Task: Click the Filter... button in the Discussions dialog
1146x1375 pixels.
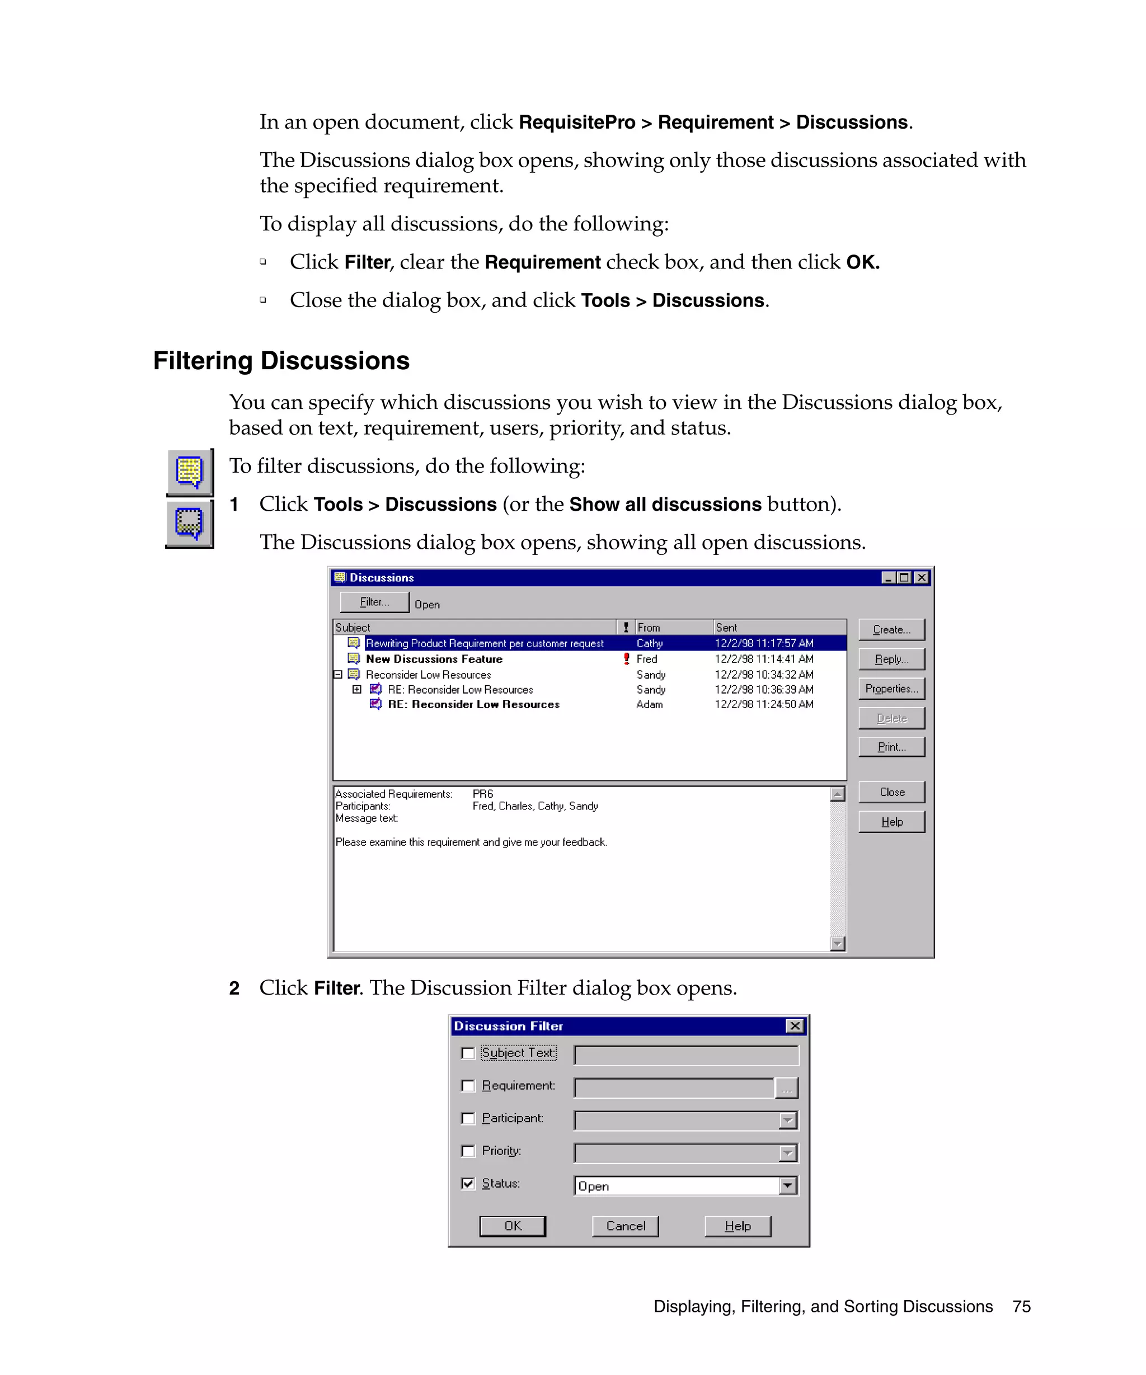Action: (374, 602)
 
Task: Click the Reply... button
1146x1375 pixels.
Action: (891, 658)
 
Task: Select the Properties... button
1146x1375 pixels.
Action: (891, 688)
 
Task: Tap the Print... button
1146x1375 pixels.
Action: (891, 746)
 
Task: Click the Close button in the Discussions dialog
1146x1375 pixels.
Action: (891, 792)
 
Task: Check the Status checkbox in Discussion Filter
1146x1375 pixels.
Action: (468, 1183)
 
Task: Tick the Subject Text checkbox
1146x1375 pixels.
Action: (468, 1053)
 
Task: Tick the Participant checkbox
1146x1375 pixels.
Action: (468, 1118)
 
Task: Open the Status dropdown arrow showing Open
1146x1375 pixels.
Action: (787, 1186)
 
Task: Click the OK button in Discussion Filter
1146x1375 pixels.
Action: (512, 1226)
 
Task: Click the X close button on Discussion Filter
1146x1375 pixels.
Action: (795, 1026)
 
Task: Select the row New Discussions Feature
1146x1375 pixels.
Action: (434, 658)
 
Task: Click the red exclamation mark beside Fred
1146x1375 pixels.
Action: (626, 658)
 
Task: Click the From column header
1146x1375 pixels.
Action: (673, 627)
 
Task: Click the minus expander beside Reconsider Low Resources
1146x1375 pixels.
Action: (338, 675)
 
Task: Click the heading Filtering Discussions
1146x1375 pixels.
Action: (281, 361)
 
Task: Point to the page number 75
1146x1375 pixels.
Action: (1021, 1306)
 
